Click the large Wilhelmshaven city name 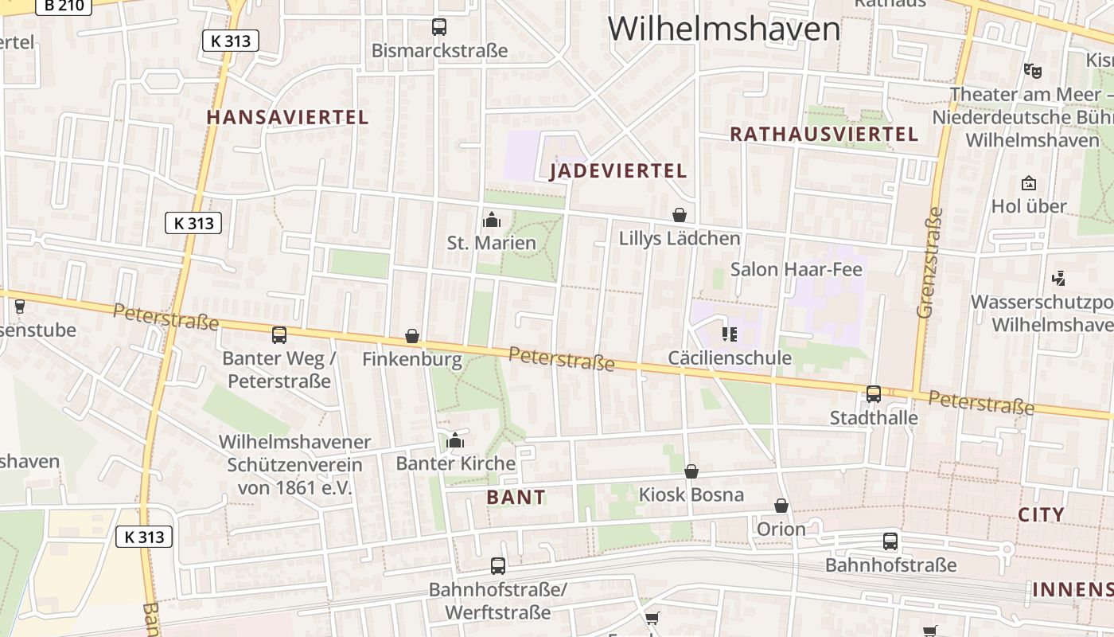pos(724,29)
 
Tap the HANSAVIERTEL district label pos(287,117)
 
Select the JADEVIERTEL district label pos(618,171)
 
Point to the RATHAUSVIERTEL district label pos(824,134)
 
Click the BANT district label pos(516,498)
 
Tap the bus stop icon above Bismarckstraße pos(439,27)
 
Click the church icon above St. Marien pos(492,219)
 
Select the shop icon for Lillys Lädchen pos(680,215)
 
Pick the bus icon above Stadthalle pos(874,394)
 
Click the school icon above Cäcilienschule pos(730,334)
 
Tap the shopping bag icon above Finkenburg pos(412,336)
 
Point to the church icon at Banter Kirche pos(455,440)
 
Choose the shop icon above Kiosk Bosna pos(691,471)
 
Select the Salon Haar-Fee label pos(796,269)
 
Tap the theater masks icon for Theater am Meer pos(1033,70)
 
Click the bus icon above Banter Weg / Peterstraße pos(279,335)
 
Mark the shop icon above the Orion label pos(781,506)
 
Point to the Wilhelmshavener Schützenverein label pos(295,465)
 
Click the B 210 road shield pos(64,5)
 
